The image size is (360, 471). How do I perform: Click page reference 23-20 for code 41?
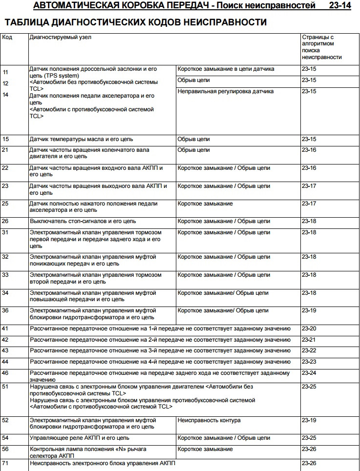[309, 328]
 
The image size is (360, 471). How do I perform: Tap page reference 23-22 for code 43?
[309, 350]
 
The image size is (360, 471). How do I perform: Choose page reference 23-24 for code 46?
[309, 373]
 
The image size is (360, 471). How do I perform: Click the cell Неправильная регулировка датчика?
[225, 91]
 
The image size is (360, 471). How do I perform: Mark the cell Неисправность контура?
[209, 420]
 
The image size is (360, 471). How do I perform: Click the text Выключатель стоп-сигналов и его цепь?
[83, 221]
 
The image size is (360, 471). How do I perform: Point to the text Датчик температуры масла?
[64, 139]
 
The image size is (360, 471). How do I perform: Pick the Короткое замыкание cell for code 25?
[205, 204]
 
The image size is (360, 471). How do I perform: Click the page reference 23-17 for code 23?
[309, 186]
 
